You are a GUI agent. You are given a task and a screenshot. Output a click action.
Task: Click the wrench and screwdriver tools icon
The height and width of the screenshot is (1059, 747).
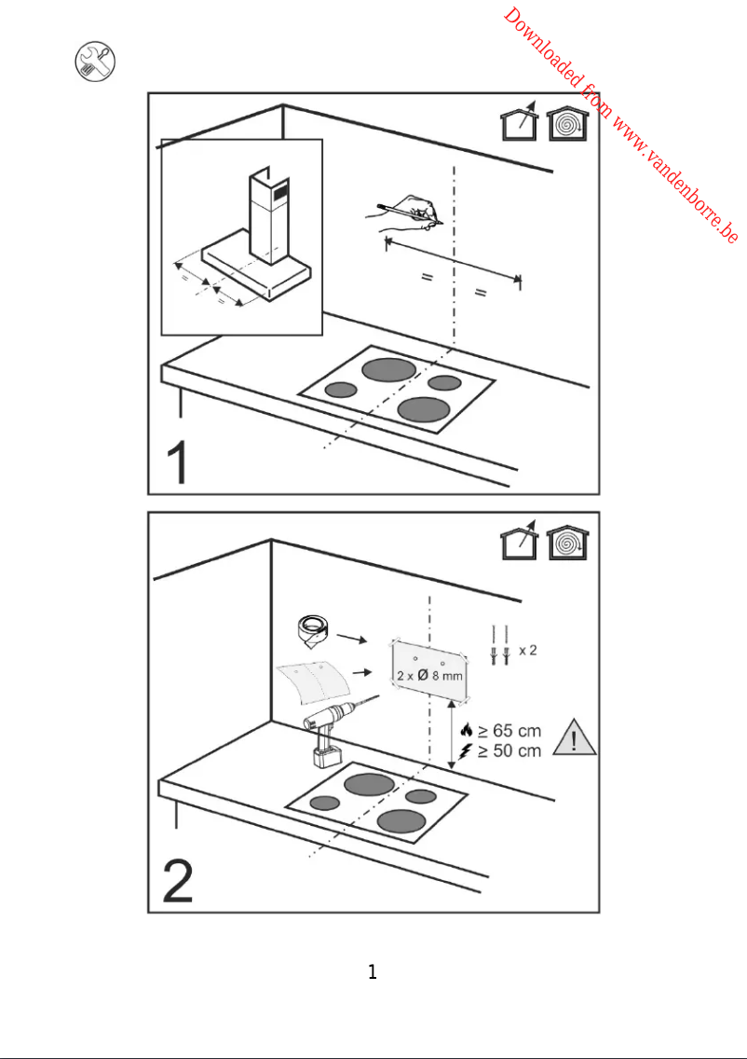pos(94,62)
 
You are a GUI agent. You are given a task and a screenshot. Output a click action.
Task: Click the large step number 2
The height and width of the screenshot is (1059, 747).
pos(180,881)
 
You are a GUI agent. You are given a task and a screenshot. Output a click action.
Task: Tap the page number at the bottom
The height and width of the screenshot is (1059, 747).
pos(373,972)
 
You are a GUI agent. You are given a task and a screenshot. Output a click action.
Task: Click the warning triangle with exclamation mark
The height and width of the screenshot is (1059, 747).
pos(575,738)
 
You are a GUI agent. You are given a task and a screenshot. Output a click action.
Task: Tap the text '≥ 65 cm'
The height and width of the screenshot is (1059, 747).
pos(508,731)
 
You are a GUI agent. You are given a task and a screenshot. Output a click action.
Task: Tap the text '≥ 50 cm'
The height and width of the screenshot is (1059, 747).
pos(508,750)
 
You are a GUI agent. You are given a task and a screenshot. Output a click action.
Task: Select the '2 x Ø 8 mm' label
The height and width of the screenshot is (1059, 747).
pos(429,675)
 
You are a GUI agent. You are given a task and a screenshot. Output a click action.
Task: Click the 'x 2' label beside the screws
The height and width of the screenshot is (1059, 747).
pos(527,650)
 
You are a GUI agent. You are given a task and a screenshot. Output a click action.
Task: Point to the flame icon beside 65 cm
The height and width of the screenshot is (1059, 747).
pos(467,731)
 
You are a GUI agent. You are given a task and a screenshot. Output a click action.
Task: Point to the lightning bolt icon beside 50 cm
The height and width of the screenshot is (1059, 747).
pos(467,750)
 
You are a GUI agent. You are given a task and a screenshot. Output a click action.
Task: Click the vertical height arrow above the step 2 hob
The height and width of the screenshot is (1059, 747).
pos(452,736)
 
